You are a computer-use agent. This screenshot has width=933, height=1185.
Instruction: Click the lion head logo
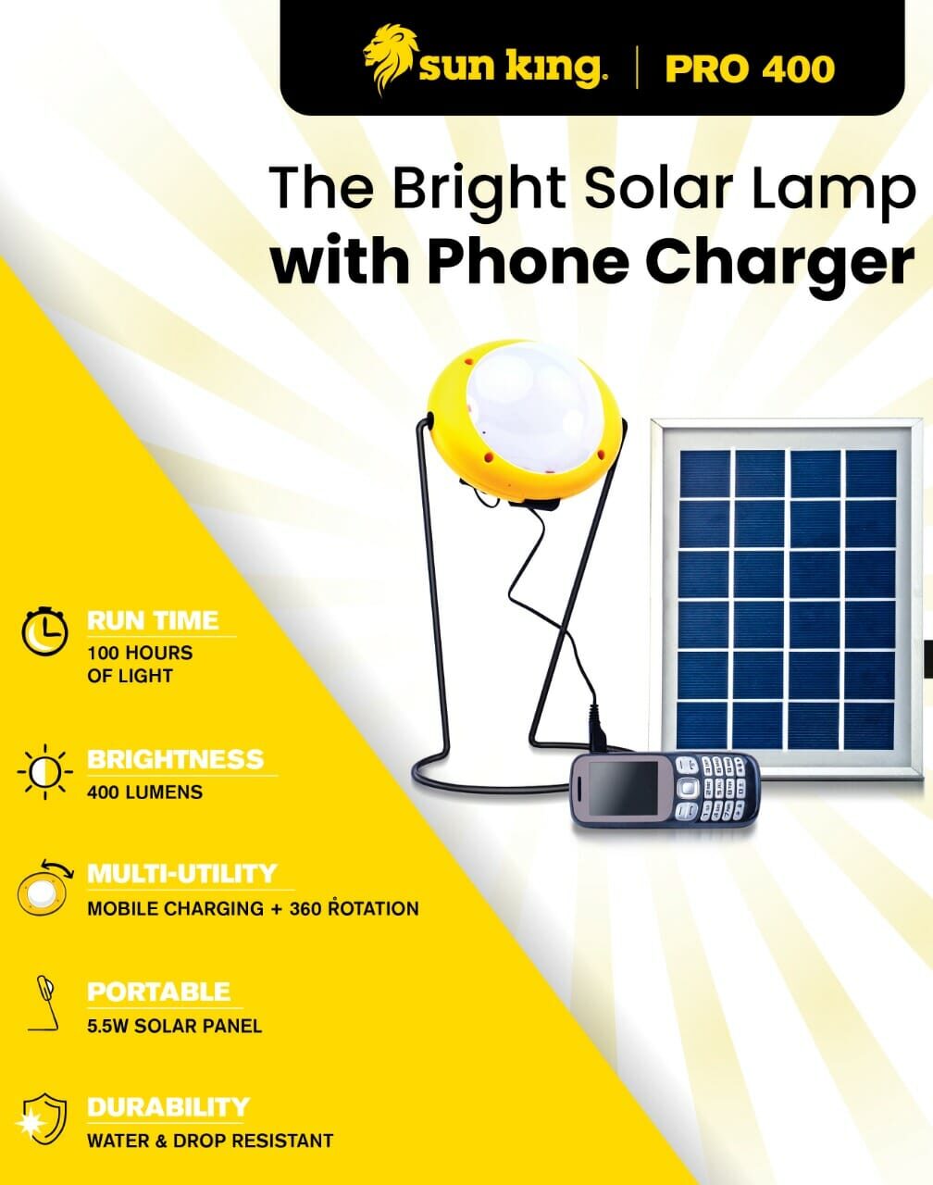pyautogui.click(x=390, y=59)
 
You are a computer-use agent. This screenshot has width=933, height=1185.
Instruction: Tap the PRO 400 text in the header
pyautogui.click(x=750, y=69)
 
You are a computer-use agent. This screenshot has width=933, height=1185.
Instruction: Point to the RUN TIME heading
pyautogui.click(x=153, y=620)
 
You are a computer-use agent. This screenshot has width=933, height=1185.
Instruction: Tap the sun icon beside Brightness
pyautogui.click(x=44, y=771)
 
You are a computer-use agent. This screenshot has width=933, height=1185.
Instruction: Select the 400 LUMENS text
pyautogui.click(x=144, y=792)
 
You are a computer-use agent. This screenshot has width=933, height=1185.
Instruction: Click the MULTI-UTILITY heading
pyautogui.click(x=181, y=874)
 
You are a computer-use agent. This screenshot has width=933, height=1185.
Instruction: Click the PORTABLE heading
pyautogui.click(x=158, y=992)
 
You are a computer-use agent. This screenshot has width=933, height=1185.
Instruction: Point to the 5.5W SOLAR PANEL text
pyautogui.click(x=175, y=1027)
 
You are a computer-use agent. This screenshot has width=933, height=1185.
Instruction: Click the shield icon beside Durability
pyautogui.click(x=43, y=1120)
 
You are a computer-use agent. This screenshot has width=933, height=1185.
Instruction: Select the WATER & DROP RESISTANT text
pyautogui.click(x=210, y=1141)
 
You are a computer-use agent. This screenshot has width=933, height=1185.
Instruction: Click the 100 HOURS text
pyautogui.click(x=140, y=653)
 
